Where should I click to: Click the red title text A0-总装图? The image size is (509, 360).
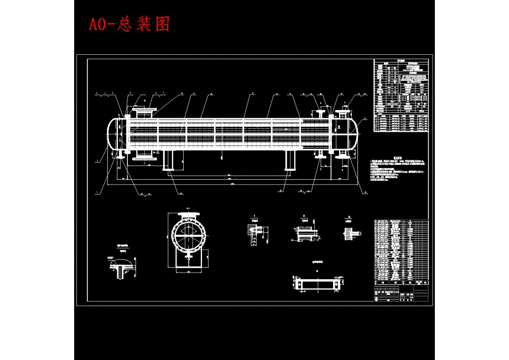tap(129, 24)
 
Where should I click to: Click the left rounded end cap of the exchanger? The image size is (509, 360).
tap(112, 133)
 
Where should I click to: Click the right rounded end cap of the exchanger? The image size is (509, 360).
tap(351, 133)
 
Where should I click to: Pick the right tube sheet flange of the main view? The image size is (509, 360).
tap(331, 133)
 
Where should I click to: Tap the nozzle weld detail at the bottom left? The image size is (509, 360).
tap(122, 268)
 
